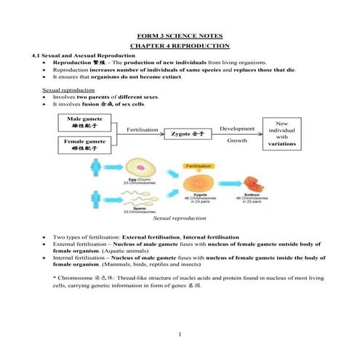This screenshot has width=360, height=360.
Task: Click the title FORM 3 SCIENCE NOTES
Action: [x=180, y=36]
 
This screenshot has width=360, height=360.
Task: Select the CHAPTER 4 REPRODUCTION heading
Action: [x=180, y=46]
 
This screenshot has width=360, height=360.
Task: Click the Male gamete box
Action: [x=84, y=121]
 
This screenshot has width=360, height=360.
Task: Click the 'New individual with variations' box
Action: [x=281, y=135]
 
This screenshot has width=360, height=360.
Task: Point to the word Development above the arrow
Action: [x=236, y=129]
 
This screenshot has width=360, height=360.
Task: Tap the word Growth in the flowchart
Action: [x=237, y=140]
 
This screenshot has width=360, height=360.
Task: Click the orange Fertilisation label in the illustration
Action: [x=198, y=167]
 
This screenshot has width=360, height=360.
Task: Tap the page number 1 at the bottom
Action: [x=179, y=335]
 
